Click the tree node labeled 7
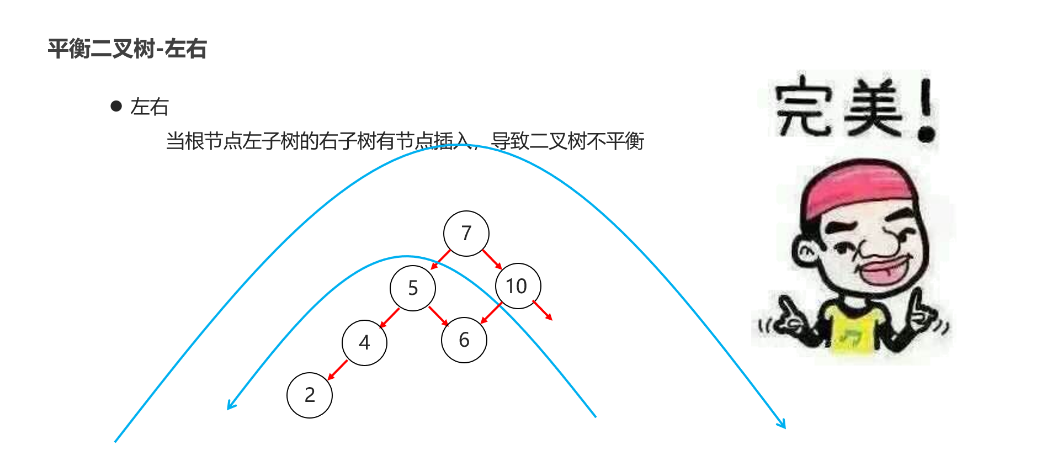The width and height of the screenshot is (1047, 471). coord(466,234)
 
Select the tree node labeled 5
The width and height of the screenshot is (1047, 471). coord(413,288)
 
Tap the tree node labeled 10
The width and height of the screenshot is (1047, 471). coord(518,286)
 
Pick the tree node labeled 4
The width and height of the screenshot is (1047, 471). coord(364,342)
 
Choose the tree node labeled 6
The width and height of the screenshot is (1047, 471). coord(464,340)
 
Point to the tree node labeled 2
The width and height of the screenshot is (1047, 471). coord(310,395)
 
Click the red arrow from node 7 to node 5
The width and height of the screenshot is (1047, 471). coord(440,260)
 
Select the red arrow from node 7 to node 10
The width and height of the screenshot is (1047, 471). coord(492,260)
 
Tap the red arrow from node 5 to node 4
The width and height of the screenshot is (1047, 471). coord(389,318)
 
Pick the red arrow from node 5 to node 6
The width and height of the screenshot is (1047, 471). coord(439,316)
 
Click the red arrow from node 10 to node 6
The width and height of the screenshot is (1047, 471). coord(491,313)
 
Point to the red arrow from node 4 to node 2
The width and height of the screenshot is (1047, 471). coord(337,371)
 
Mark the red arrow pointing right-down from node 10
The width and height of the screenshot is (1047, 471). coord(543,310)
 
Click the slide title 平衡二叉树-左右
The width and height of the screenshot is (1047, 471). coord(127,49)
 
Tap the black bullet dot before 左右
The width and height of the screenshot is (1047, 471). coord(116,106)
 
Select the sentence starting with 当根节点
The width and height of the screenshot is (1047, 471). coord(405,141)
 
